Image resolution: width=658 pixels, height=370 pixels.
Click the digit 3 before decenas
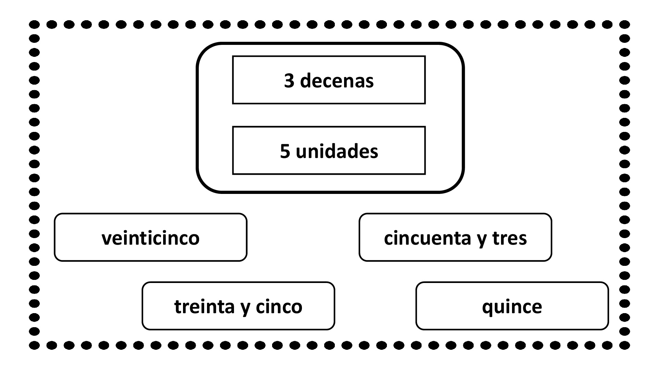289,81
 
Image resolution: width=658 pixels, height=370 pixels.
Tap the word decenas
337,81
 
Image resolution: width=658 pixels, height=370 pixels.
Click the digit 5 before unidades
285,151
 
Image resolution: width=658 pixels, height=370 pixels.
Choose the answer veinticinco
150,237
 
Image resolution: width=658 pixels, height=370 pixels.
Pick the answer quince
512,306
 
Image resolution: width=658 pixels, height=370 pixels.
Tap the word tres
510,238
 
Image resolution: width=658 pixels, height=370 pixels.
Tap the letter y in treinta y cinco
245,309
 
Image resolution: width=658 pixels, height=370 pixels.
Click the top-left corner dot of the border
34,25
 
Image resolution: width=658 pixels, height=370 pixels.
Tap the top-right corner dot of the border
625,25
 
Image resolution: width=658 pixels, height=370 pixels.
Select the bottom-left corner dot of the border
34,345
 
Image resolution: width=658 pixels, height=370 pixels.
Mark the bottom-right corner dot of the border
625,345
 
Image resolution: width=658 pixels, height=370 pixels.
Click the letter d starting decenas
306,81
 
